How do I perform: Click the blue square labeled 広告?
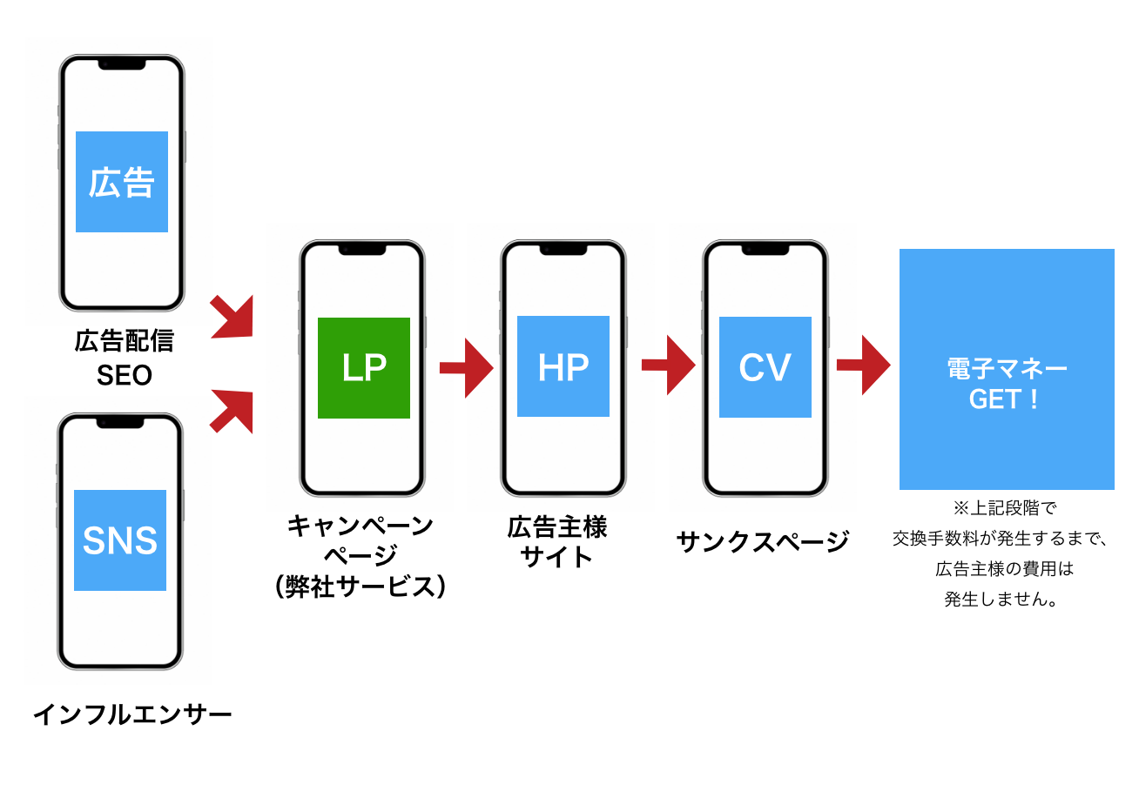click(122, 182)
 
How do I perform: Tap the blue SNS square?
click(120, 540)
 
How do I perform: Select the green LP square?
click(364, 368)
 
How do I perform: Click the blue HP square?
click(563, 366)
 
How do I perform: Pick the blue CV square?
click(765, 367)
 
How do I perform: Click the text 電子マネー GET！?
click(1007, 384)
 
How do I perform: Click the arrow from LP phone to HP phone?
click(466, 367)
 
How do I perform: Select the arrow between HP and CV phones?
click(668, 365)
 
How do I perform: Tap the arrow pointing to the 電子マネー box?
click(863, 365)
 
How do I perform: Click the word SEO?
click(125, 376)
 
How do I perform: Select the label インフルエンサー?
click(132, 715)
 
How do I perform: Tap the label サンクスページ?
click(762, 542)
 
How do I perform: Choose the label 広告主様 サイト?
click(557, 541)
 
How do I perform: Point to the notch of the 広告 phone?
click(121, 64)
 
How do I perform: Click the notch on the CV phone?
click(765, 249)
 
